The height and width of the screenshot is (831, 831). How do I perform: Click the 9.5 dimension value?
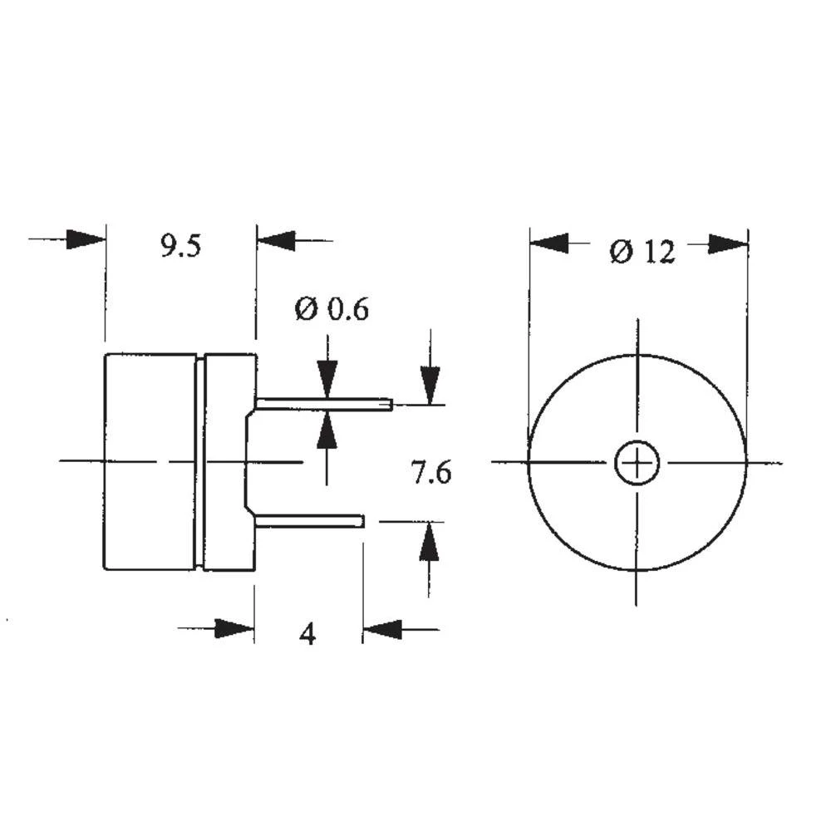coord(181,247)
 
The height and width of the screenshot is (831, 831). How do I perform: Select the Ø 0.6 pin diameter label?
coord(331,310)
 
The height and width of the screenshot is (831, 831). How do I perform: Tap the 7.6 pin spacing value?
coord(431,473)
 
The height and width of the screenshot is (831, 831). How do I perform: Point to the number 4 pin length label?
coord(307,634)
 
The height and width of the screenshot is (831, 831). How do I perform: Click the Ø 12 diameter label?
coord(642,251)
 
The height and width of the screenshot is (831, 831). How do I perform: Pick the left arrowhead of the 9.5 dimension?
coord(86,240)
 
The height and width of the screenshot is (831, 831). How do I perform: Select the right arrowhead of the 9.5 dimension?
coord(276,241)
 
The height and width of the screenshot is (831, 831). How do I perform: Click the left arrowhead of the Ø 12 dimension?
coord(549,243)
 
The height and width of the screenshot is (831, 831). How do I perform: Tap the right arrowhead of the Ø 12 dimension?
coord(728,244)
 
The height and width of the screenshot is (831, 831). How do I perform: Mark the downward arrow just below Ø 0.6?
coord(327,381)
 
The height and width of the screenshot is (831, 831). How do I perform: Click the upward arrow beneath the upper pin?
coord(327,430)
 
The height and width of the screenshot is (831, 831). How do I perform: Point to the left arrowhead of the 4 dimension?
coord(234,629)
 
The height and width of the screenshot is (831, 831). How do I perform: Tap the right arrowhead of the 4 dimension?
coord(382,630)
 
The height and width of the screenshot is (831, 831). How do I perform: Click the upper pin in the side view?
coord(324,405)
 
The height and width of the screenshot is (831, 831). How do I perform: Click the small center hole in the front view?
coord(637,462)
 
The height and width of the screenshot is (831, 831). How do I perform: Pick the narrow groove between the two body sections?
coord(200,462)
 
